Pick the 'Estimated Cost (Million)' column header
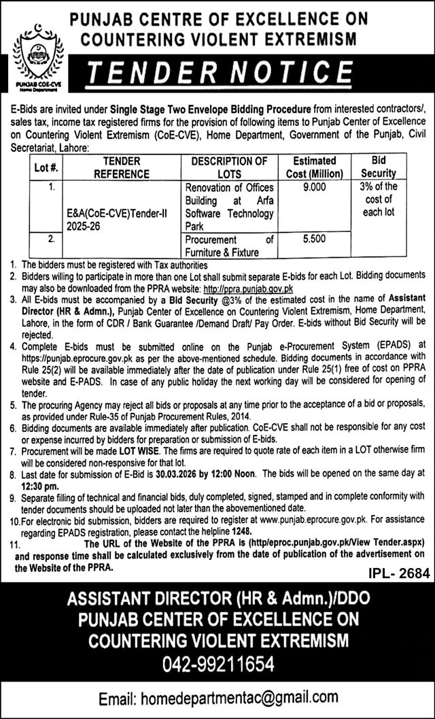(314, 167)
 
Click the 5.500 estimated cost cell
(314, 240)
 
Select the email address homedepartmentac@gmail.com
(217, 698)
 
